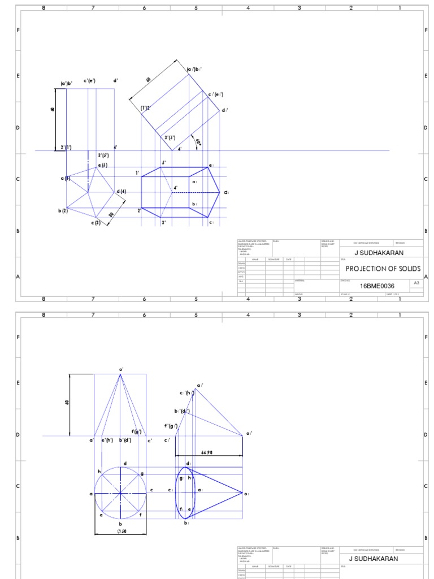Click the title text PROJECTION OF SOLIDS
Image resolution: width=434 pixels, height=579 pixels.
pos(383,268)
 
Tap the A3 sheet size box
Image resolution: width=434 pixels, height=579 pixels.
pos(416,282)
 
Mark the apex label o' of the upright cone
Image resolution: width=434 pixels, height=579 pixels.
pos(120,369)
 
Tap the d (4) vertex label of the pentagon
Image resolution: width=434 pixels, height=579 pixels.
pos(121,192)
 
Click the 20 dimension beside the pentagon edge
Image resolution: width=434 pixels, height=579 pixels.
pos(111,214)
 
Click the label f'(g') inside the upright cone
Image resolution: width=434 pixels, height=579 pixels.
pos(136,432)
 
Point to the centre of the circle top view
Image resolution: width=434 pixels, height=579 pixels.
pos(120,494)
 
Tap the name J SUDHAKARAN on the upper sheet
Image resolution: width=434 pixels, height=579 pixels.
pos(379,253)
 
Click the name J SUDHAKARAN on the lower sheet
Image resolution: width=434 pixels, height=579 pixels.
pos(374,558)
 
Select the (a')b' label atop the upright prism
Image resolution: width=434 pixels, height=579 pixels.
pos(66,83)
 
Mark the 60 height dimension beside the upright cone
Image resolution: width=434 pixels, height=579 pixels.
pos(67,403)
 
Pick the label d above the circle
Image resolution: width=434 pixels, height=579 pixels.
pos(124,464)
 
